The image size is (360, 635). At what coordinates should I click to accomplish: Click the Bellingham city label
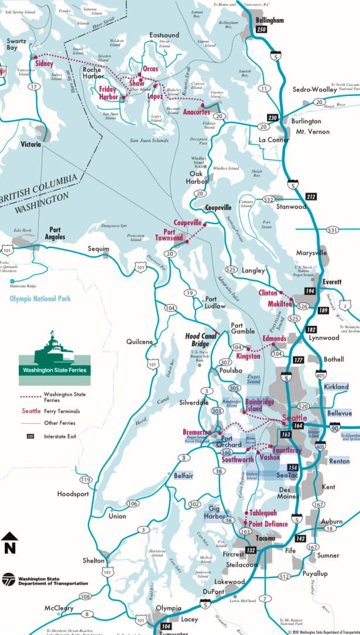click(x=269, y=20)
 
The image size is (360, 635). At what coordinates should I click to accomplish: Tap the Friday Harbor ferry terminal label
click(x=108, y=93)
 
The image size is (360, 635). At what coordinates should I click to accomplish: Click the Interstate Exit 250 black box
click(x=262, y=30)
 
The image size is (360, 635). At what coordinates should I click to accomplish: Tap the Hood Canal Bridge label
click(x=201, y=340)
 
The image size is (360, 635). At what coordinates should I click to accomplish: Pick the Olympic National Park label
click(x=40, y=298)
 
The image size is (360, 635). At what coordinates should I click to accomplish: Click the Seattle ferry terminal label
click(x=294, y=418)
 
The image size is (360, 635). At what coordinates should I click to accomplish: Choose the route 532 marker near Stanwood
click(x=269, y=200)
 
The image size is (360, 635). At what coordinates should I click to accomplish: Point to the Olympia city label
click(x=169, y=608)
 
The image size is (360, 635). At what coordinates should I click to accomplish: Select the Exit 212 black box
click(x=310, y=197)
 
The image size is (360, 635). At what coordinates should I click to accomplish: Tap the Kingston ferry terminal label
click(x=248, y=356)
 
